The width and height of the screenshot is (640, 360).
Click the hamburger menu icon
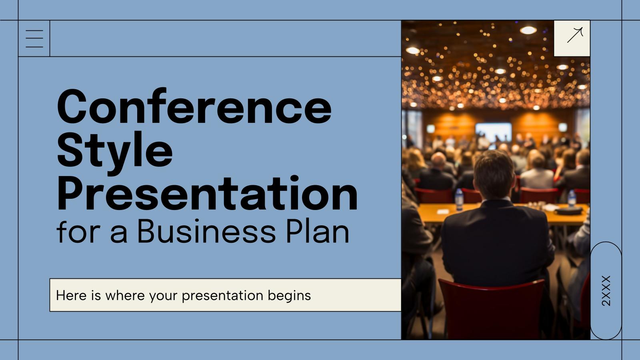pyautogui.click(x=34, y=39)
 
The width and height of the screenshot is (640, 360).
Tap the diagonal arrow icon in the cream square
pyautogui.click(x=575, y=35)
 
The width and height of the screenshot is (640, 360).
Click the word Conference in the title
pyautogui.click(x=194, y=107)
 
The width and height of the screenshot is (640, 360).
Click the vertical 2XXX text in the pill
pyautogui.click(x=606, y=291)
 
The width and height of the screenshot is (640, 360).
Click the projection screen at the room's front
pyautogui.click(x=493, y=132)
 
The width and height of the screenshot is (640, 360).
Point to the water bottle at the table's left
pyautogui.click(x=459, y=199)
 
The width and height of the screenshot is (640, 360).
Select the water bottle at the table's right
pyautogui.click(x=572, y=198)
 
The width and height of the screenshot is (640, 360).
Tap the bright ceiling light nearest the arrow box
pyautogui.click(x=528, y=30)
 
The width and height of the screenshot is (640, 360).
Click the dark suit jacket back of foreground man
pyautogui.click(x=496, y=244)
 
